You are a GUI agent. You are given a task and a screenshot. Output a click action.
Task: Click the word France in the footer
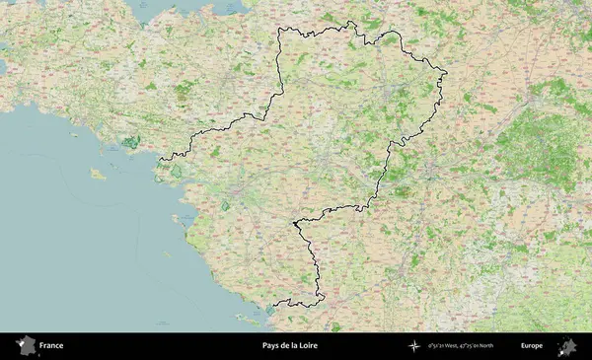pyautogui.click(x=51, y=346)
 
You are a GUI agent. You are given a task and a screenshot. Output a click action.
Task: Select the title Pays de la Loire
pyautogui.click(x=290, y=346)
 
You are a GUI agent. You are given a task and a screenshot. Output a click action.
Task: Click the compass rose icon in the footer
pyautogui.click(x=411, y=346)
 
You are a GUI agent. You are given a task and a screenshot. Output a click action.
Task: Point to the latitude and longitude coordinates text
pyautogui.click(x=461, y=346)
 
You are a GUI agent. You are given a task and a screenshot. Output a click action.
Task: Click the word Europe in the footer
pyautogui.click(x=532, y=346)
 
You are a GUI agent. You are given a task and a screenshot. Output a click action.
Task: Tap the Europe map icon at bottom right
pyautogui.click(x=567, y=346)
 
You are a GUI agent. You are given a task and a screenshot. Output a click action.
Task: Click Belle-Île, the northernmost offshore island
pyautogui.click(x=98, y=174)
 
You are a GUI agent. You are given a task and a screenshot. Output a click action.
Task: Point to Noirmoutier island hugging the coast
pyautogui.click(x=181, y=220)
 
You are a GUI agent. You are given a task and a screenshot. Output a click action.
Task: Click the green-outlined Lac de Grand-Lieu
pyautogui.click(x=225, y=206)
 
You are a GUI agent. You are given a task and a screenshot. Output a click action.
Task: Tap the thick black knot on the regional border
pyautogui.click(x=294, y=225)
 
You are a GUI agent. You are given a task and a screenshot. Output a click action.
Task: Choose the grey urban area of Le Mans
pyautogui.click(x=396, y=94)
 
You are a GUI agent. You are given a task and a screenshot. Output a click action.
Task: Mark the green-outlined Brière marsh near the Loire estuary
pyautogui.click(x=177, y=173)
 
